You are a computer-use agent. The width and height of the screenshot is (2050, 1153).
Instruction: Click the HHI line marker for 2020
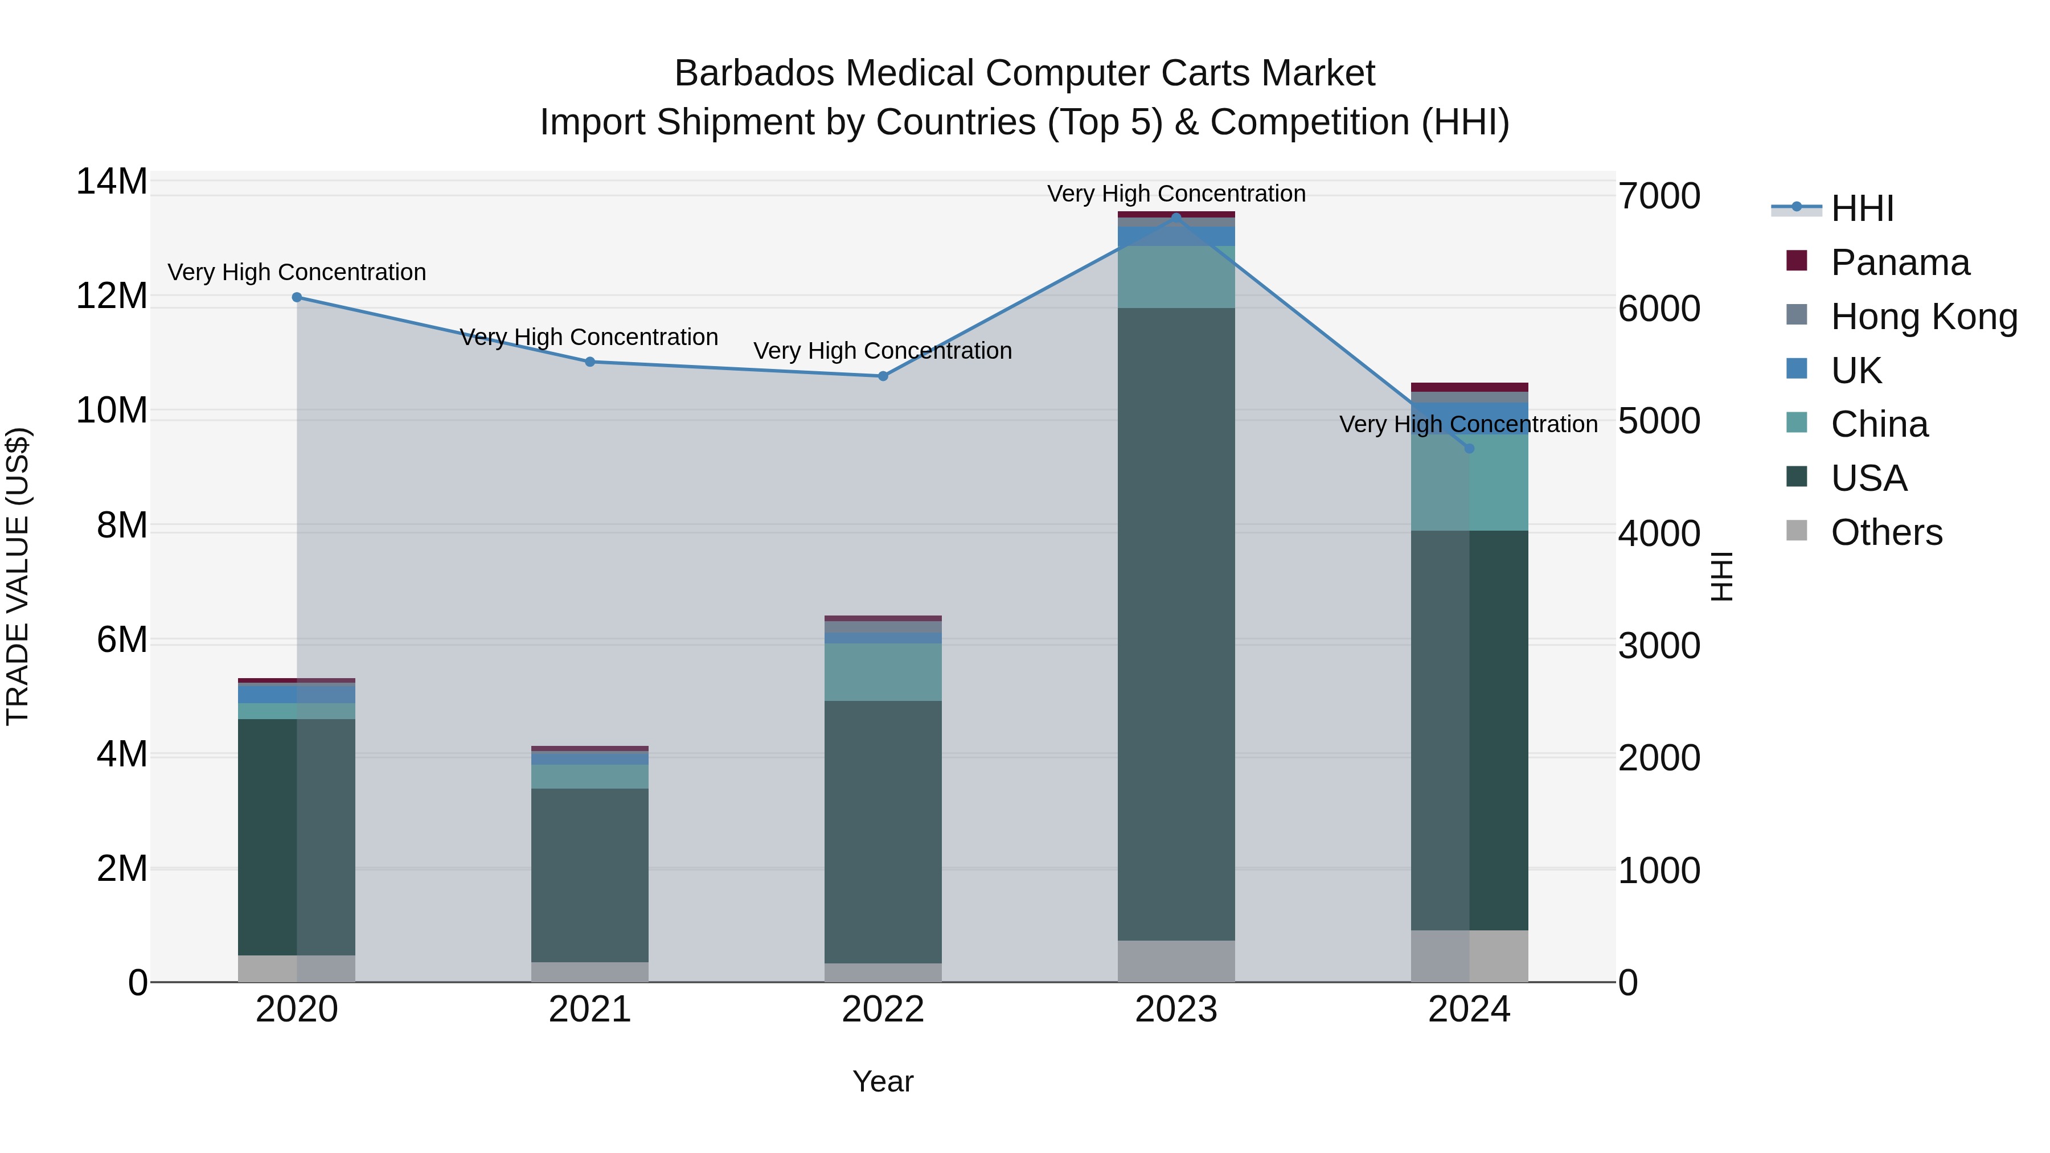click(297, 298)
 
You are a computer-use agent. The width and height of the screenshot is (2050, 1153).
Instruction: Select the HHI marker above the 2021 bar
click(590, 362)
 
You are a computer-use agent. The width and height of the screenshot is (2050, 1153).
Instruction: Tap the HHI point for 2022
click(883, 376)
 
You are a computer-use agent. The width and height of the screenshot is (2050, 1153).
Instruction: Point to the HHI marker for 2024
click(1469, 449)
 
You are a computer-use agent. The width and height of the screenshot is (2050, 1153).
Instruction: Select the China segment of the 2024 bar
click(1469, 485)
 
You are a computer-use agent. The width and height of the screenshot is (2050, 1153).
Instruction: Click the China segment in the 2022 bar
click(883, 672)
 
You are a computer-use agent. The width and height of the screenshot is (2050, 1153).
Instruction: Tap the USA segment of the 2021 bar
click(590, 875)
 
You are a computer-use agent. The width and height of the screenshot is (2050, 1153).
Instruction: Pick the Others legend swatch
click(1796, 531)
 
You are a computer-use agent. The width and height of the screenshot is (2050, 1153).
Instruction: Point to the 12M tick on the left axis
click(112, 296)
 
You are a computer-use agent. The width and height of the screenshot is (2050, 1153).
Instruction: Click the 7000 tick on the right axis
click(1659, 196)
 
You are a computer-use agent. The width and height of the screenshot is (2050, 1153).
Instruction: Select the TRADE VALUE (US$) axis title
click(18, 576)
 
